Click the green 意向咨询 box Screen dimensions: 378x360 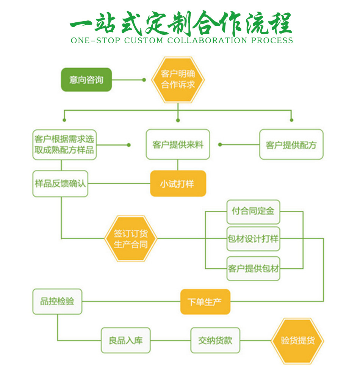(x=86, y=80)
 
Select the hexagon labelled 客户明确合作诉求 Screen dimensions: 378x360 (x=178, y=80)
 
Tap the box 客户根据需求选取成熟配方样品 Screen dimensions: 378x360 (x=64, y=144)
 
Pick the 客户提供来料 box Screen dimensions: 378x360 (x=178, y=144)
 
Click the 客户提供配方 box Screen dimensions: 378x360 (x=291, y=144)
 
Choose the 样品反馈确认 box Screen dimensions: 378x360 (x=60, y=184)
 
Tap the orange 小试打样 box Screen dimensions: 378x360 (x=178, y=184)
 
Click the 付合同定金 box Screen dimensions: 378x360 (x=253, y=212)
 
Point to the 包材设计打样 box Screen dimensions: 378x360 (x=253, y=239)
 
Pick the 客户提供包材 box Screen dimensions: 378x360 (x=253, y=269)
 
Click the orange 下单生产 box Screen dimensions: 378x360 (x=205, y=302)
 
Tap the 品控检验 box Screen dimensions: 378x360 (x=57, y=301)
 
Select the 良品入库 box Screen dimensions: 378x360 (x=125, y=340)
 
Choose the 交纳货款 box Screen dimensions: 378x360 (x=215, y=340)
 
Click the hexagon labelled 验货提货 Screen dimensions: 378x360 (x=297, y=340)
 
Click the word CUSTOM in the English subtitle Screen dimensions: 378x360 (x=144, y=41)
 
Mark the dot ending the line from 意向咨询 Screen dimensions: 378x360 (x=144, y=80)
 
